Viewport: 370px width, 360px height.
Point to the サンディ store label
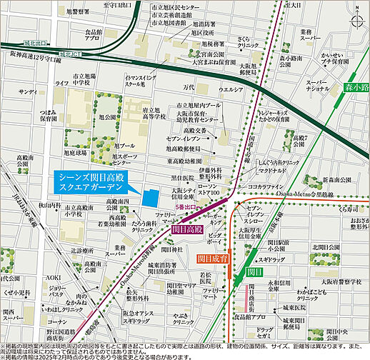click(28, 92)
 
